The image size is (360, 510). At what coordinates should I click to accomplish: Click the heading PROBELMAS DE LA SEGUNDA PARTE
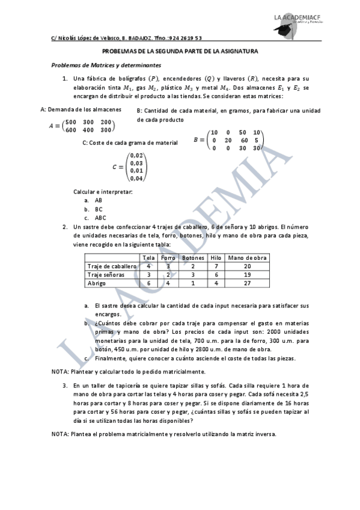180,52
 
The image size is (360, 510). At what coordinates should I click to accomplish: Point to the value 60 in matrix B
243,140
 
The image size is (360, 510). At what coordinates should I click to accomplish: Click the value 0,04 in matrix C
136,178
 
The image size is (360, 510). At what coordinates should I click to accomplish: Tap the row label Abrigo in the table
97,282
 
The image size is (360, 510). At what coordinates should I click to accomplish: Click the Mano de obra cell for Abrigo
247,282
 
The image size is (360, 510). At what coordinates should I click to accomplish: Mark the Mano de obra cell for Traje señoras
247,274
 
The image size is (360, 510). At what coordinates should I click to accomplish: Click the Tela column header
148,257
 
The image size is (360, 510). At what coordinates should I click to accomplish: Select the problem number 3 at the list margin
65,385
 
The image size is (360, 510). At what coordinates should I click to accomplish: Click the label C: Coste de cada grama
130,143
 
